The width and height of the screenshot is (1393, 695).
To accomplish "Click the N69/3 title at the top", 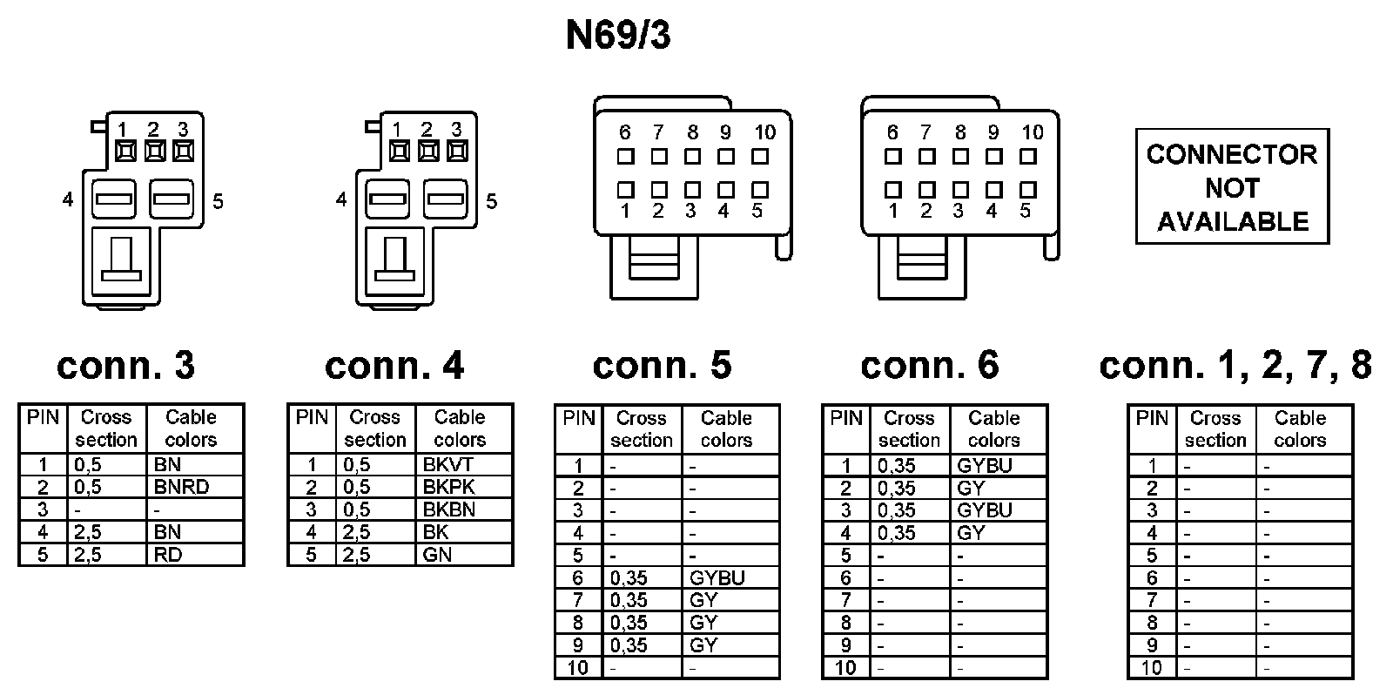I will pyautogui.click(x=618, y=37).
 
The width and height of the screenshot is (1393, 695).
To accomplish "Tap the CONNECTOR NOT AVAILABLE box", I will pyautogui.click(x=1232, y=187).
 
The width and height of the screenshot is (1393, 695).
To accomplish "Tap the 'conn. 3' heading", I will pyautogui.click(x=126, y=365).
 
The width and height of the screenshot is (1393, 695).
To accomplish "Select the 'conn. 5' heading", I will pyautogui.click(x=663, y=365).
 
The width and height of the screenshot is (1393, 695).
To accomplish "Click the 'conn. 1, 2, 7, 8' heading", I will pyautogui.click(x=1235, y=365).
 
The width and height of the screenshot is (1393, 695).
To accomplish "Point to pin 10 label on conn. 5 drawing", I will pyautogui.click(x=764, y=132).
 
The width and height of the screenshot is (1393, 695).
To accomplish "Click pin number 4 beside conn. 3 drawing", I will pyautogui.click(x=68, y=200).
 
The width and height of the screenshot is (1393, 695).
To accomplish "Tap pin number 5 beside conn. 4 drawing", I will pyautogui.click(x=492, y=201).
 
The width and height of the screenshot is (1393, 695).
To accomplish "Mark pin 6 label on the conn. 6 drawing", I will pyautogui.click(x=892, y=132).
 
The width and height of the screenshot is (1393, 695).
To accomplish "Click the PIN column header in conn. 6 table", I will pyautogui.click(x=846, y=418).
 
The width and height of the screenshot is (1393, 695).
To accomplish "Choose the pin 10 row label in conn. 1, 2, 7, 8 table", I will pyautogui.click(x=1151, y=668).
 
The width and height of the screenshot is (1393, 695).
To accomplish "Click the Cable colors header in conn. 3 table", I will pyautogui.click(x=191, y=428).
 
